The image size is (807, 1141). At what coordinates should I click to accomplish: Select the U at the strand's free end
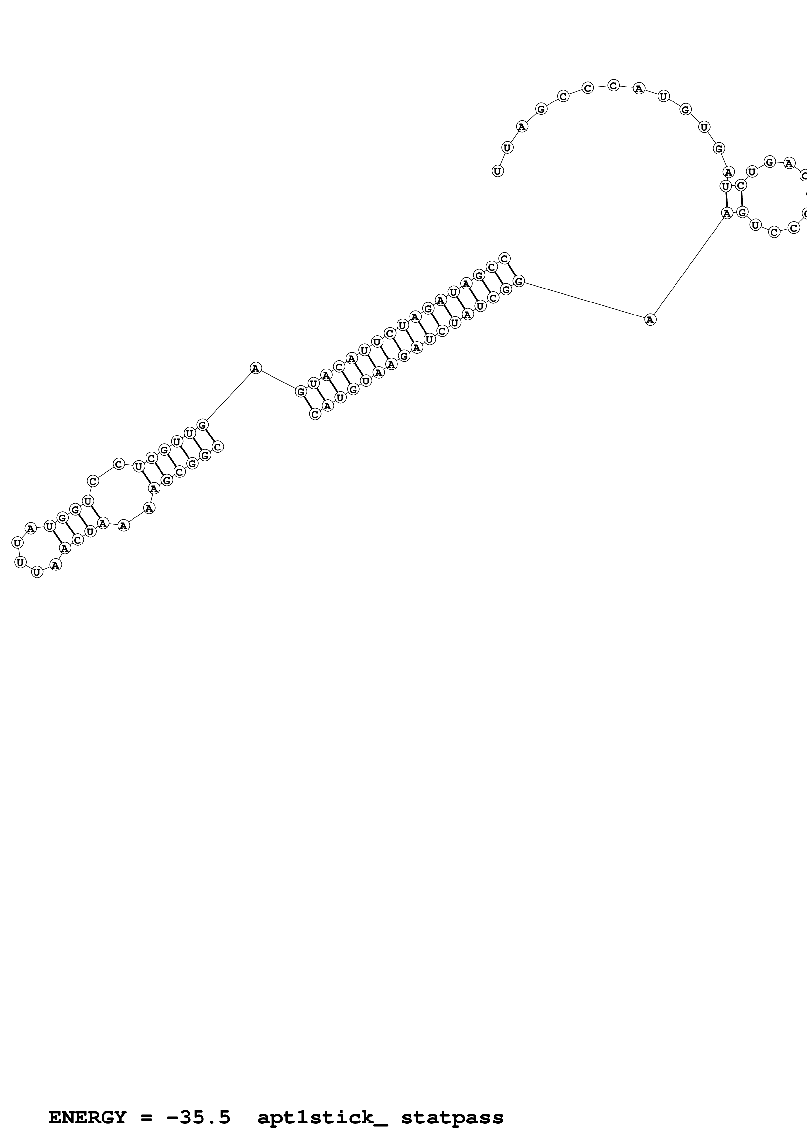(497, 171)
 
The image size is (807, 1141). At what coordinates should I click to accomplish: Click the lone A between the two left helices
(256, 368)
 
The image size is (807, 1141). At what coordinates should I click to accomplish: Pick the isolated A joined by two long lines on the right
(650, 319)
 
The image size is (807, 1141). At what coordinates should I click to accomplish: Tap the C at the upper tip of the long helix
(505, 258)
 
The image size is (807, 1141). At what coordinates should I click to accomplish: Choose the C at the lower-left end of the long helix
(315, 414)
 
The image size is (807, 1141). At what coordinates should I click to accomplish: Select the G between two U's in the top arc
(686, 110)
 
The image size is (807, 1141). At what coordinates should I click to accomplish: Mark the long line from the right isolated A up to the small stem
(689, 266)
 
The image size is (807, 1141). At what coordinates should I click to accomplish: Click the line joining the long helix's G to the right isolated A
(584, 300)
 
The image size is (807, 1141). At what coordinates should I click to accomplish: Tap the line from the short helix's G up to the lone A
(229, 396)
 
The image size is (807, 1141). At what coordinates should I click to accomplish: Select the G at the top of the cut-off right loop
(770, 162)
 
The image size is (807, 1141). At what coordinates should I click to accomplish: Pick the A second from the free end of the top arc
(522, 127)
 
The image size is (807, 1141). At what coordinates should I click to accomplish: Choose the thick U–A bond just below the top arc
(727, 199)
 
